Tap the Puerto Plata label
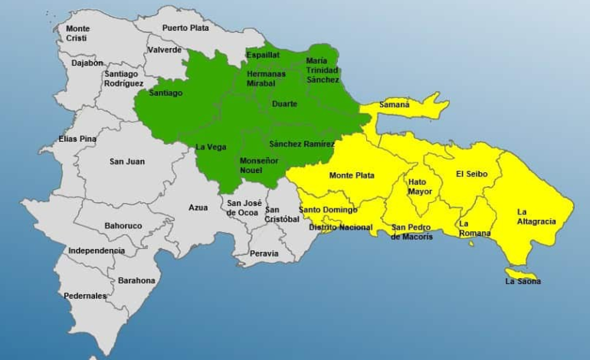[x=185, y=28]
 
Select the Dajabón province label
[x=87, y=63]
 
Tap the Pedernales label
[x=86, y=296]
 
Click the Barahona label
[x=136, y=280]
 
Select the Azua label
[x=198, y=207]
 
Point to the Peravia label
[x=264, y=254]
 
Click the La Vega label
[x=211, y=146]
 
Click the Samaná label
[x=395, y=104]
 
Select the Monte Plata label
[x=352, y=175]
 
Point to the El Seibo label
[x=471, y=174]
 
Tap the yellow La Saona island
[x=521, y=273]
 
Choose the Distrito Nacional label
[x=341, y=227]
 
